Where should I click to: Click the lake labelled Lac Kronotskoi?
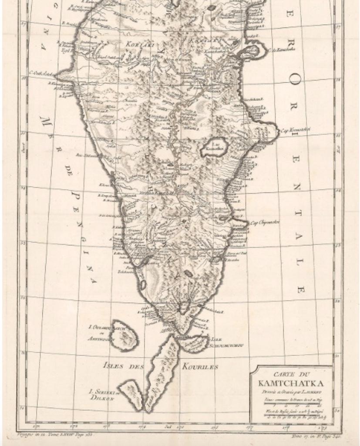click(x=214, y=147)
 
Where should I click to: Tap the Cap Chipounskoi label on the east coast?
click(x=265, y=222)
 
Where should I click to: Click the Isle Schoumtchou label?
click(x=226, y=342)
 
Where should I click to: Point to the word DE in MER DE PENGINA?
click(x=69, y=171)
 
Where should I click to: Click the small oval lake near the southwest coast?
click(x=143, y=285)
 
